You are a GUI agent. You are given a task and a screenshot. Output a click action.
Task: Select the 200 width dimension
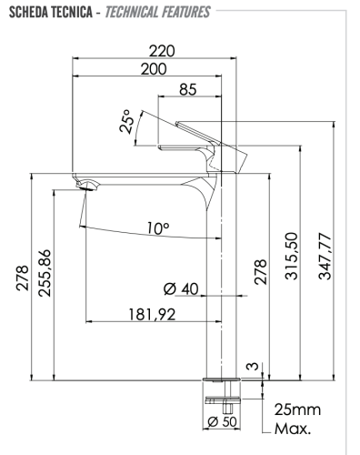[x=160, y=69]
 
